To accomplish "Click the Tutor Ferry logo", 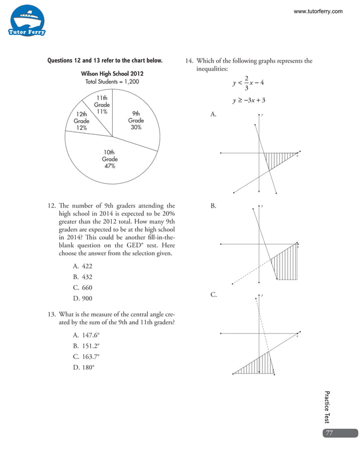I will tap(27, 21).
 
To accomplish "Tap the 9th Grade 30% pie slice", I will tap(135, 121).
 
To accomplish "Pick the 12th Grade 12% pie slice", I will tap(81, 121).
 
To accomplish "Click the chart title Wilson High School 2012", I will tap(111, 73).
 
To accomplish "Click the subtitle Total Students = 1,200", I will tap(111, 82).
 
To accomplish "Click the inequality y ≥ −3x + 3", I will tap(249, 100).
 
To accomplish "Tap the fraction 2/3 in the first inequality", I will tap(246, 82).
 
